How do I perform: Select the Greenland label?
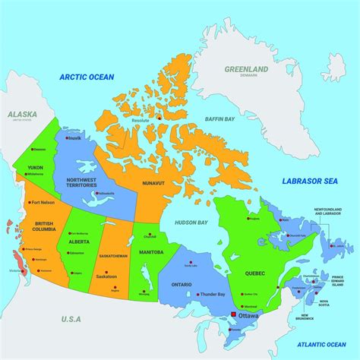pyautogui.click(x=246, y=69)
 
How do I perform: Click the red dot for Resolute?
pyautogui.click(x=161, y=118)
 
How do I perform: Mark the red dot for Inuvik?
pyautogui.click(x=68, y=138)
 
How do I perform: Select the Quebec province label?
pyautogui.click(x=255, y=273)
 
